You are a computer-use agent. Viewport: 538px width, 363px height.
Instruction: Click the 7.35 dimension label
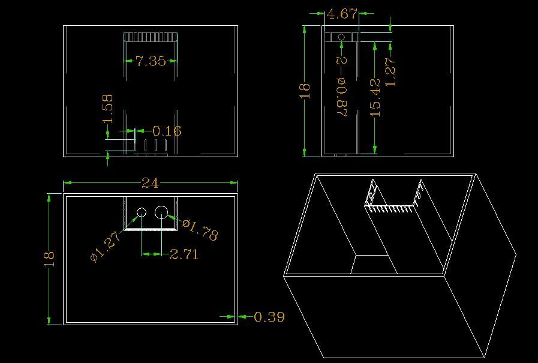151,61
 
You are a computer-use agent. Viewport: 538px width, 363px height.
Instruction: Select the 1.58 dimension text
107,109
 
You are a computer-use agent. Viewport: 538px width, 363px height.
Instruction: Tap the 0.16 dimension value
167,131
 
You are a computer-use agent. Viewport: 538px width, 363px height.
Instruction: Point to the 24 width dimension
151,183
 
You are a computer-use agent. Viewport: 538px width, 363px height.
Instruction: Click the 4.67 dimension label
342,14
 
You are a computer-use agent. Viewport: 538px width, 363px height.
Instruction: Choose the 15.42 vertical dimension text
375,97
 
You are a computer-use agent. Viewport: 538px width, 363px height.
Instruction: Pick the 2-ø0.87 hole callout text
342,86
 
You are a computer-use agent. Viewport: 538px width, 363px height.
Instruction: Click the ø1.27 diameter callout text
105,247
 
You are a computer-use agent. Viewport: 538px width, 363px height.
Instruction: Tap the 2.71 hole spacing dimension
184,254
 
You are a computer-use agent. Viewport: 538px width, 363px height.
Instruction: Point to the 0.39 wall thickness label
269,317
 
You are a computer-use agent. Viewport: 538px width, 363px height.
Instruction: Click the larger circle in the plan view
161,212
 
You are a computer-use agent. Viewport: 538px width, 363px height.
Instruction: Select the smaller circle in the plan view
142,212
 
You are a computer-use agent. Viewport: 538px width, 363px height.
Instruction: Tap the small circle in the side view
341,37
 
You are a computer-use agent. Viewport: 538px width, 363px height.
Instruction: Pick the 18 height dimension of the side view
305,91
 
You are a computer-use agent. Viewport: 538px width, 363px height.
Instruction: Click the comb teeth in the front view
151,37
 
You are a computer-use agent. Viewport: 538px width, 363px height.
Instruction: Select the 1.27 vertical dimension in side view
391,72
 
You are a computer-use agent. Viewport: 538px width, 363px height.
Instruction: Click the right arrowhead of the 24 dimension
234,182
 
